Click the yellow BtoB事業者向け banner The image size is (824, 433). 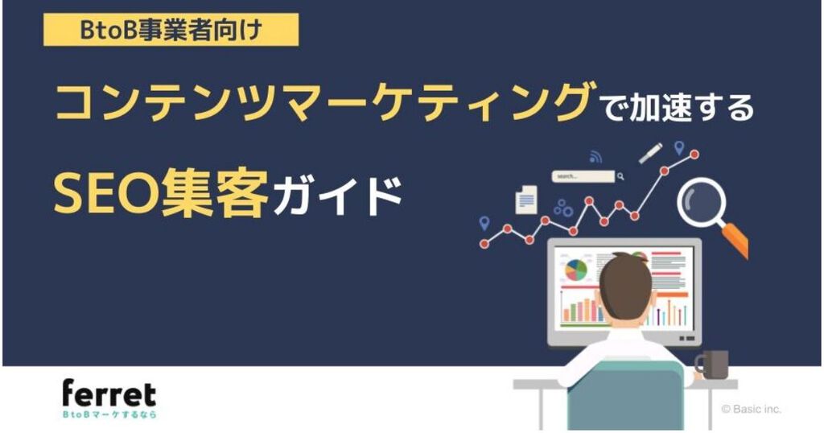171,30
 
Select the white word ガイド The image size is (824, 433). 338,196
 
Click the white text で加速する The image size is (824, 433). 678,107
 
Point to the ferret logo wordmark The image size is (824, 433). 109,394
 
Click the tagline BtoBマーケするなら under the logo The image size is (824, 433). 109,414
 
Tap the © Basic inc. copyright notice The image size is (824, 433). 752,409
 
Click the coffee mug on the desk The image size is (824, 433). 713,364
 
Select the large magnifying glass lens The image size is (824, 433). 702,202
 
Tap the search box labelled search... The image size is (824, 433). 583,176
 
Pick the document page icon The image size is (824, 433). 526,200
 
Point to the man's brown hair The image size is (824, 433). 624,287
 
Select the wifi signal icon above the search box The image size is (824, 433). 595,157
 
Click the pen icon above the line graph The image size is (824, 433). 650,153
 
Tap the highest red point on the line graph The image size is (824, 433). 694,155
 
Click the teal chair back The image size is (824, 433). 626,394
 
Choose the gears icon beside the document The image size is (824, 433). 562,208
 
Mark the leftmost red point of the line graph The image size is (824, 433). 484,244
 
